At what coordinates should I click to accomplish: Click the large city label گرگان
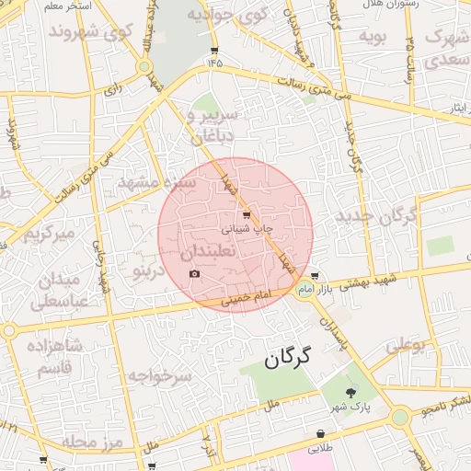288,357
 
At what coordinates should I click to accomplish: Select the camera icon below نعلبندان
194,273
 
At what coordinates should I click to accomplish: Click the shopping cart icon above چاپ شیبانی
246,213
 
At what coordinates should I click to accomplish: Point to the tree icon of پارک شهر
349,393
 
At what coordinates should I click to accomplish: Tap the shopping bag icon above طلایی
320,434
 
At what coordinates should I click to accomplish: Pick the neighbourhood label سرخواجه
159,376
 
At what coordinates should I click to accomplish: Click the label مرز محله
93,442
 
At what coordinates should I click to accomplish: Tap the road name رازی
112,89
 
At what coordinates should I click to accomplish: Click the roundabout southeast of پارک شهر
399,417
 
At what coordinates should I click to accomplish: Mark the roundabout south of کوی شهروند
144,66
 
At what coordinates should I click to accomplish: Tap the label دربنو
148,271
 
